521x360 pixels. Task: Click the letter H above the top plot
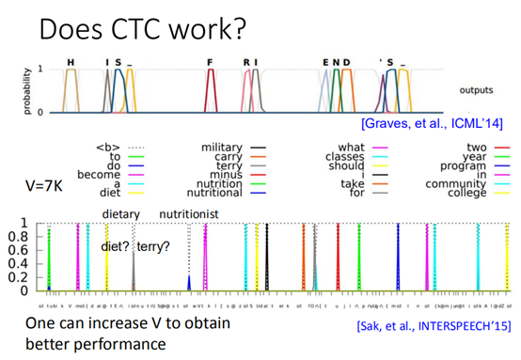pos(70,63)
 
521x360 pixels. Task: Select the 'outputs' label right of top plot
pos(480,92)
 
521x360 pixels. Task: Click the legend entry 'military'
pos(224,147)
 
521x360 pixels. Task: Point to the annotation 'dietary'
pos(120,214)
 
